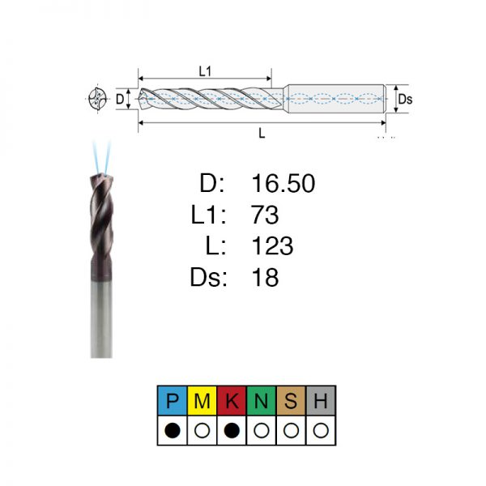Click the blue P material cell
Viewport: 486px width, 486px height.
pyautogui.click(x=173, y=401)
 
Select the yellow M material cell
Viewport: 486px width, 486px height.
pyautogui.click(x=202, y=401)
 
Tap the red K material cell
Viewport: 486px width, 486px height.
pyautogui.click(x=232, y=401)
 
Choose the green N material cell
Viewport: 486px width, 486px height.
pyautogui.click(x=262, y=401)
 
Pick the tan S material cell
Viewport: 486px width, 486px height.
pyautogui.click(x=291, y=401)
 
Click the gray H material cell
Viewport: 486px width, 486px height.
pyautogui.click(x=321, y=401)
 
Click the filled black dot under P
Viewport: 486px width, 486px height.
pyautogui.click(x=173, y=431)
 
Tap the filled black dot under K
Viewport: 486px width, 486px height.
pyautogui.click(x=232, y=431)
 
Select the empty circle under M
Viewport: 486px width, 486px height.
pyautogui.click(x=202, y=431)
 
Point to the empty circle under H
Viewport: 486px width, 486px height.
pyautogui.click(x=321, y=431)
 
